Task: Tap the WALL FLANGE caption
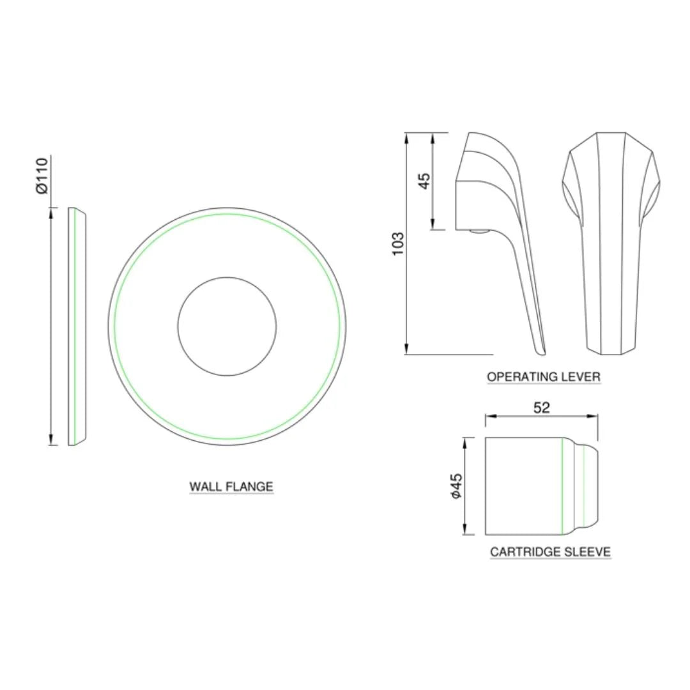[x=231, y=487]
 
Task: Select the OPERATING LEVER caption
[x=544, y=377]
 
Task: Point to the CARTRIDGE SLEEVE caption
[x=550, y=552]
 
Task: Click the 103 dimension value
[x=398, y=243]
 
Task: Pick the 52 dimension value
[x=541, y=408]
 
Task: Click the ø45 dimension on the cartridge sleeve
[x=456, y=486]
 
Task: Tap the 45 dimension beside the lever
[x=424, y=181]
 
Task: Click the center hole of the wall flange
[x=227, y=326]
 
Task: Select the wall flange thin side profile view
[x=76, y=326]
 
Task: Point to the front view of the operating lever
[x=609, y=243]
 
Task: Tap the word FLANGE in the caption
[x=250, y=487]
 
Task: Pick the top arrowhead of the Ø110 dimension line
[x=51, y=211]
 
